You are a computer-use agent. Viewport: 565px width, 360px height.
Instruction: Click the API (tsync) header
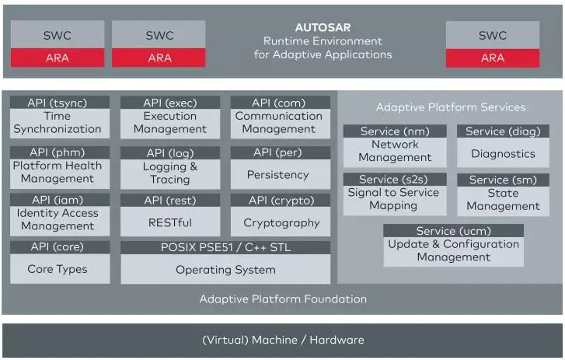coord(58,102)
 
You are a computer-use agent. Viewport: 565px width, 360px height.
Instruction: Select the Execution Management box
coord(169,123)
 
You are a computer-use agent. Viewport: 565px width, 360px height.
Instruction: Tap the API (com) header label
coord(279,102)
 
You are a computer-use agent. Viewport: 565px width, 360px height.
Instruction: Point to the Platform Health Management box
coord(58,172)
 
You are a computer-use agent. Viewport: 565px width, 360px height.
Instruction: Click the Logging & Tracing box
coord(169,173)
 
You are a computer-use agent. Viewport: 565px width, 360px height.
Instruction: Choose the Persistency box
coord(278,175)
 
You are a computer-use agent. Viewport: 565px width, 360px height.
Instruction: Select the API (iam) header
coord(58,200)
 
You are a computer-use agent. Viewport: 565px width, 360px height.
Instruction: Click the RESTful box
coord(169,222)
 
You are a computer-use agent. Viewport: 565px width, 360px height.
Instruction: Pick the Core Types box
coord(58,269)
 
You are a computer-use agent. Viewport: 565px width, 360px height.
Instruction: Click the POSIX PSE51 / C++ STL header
coord(225,247)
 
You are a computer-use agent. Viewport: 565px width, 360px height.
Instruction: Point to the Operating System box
coord(225,270)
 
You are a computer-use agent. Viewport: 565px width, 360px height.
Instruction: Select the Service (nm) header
coord(395,131)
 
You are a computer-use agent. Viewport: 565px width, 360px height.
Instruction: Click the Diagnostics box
coord(503,154)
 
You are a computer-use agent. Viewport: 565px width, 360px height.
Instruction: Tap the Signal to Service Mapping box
coord(393,200)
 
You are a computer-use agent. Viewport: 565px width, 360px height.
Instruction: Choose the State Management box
coord(503,200)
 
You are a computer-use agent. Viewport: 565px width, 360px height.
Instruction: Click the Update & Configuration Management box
coord(453,250)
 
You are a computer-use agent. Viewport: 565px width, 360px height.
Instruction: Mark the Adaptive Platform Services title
coord(451,107)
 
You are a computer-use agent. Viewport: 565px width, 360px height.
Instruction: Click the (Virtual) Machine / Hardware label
coord(282,340)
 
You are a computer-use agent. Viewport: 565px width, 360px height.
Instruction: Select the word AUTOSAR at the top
coord(323,27)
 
